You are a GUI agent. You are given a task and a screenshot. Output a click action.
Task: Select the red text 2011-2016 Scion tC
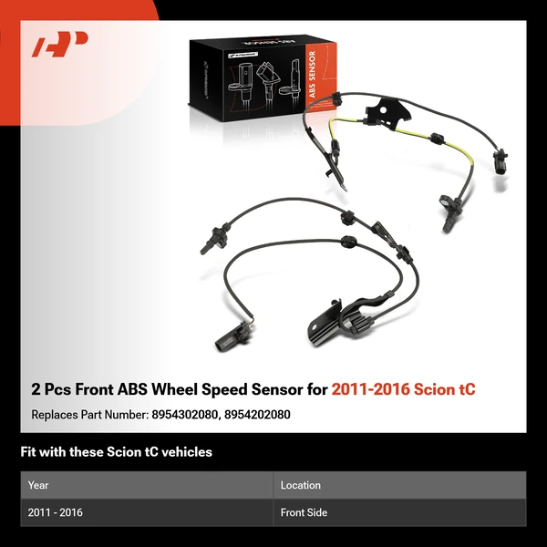(403, 389)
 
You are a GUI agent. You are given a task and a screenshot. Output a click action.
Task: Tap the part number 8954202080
(258, 415)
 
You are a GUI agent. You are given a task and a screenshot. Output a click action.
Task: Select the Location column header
(300, 485)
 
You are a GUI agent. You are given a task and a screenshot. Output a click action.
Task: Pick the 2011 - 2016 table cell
(55, 512)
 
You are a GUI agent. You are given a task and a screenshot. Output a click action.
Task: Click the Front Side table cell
(304, 512)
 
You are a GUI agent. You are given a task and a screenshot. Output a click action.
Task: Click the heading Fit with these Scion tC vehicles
(116, 452)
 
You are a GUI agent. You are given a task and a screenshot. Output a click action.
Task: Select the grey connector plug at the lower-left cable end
(223, 341)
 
